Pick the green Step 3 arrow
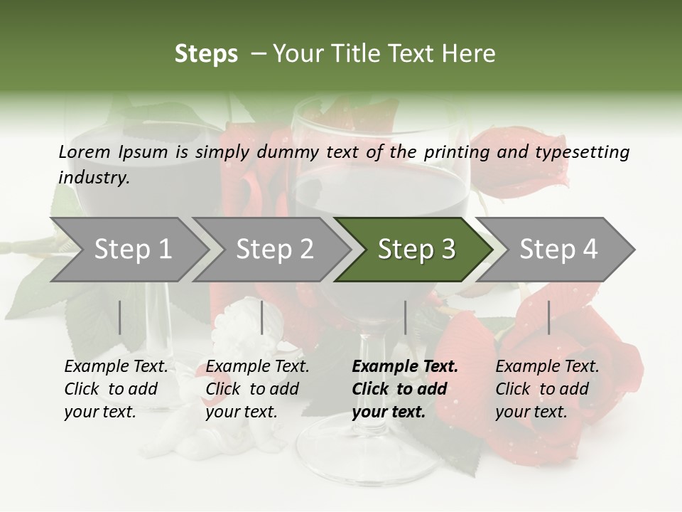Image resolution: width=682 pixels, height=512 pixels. click(416, 250)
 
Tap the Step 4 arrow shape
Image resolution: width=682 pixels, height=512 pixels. click(558, 250)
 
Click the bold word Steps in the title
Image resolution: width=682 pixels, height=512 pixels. click(206, 54)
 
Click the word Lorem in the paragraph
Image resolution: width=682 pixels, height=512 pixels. click(85, 151)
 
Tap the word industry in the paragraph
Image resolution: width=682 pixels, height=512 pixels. click(94, 177)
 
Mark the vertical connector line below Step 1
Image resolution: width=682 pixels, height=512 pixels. click(120, 317)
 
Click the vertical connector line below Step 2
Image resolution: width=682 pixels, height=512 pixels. click(262, 317)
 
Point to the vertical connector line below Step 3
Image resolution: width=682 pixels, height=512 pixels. click(406, 317)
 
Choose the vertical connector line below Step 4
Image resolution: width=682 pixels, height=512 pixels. click(549, 317)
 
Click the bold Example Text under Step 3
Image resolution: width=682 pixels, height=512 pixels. click(405, 367)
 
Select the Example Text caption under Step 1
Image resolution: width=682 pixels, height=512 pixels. click(116, 367)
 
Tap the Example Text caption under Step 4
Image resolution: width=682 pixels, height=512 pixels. click(547, 367)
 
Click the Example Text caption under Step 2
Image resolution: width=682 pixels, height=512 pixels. click(257, 367)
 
